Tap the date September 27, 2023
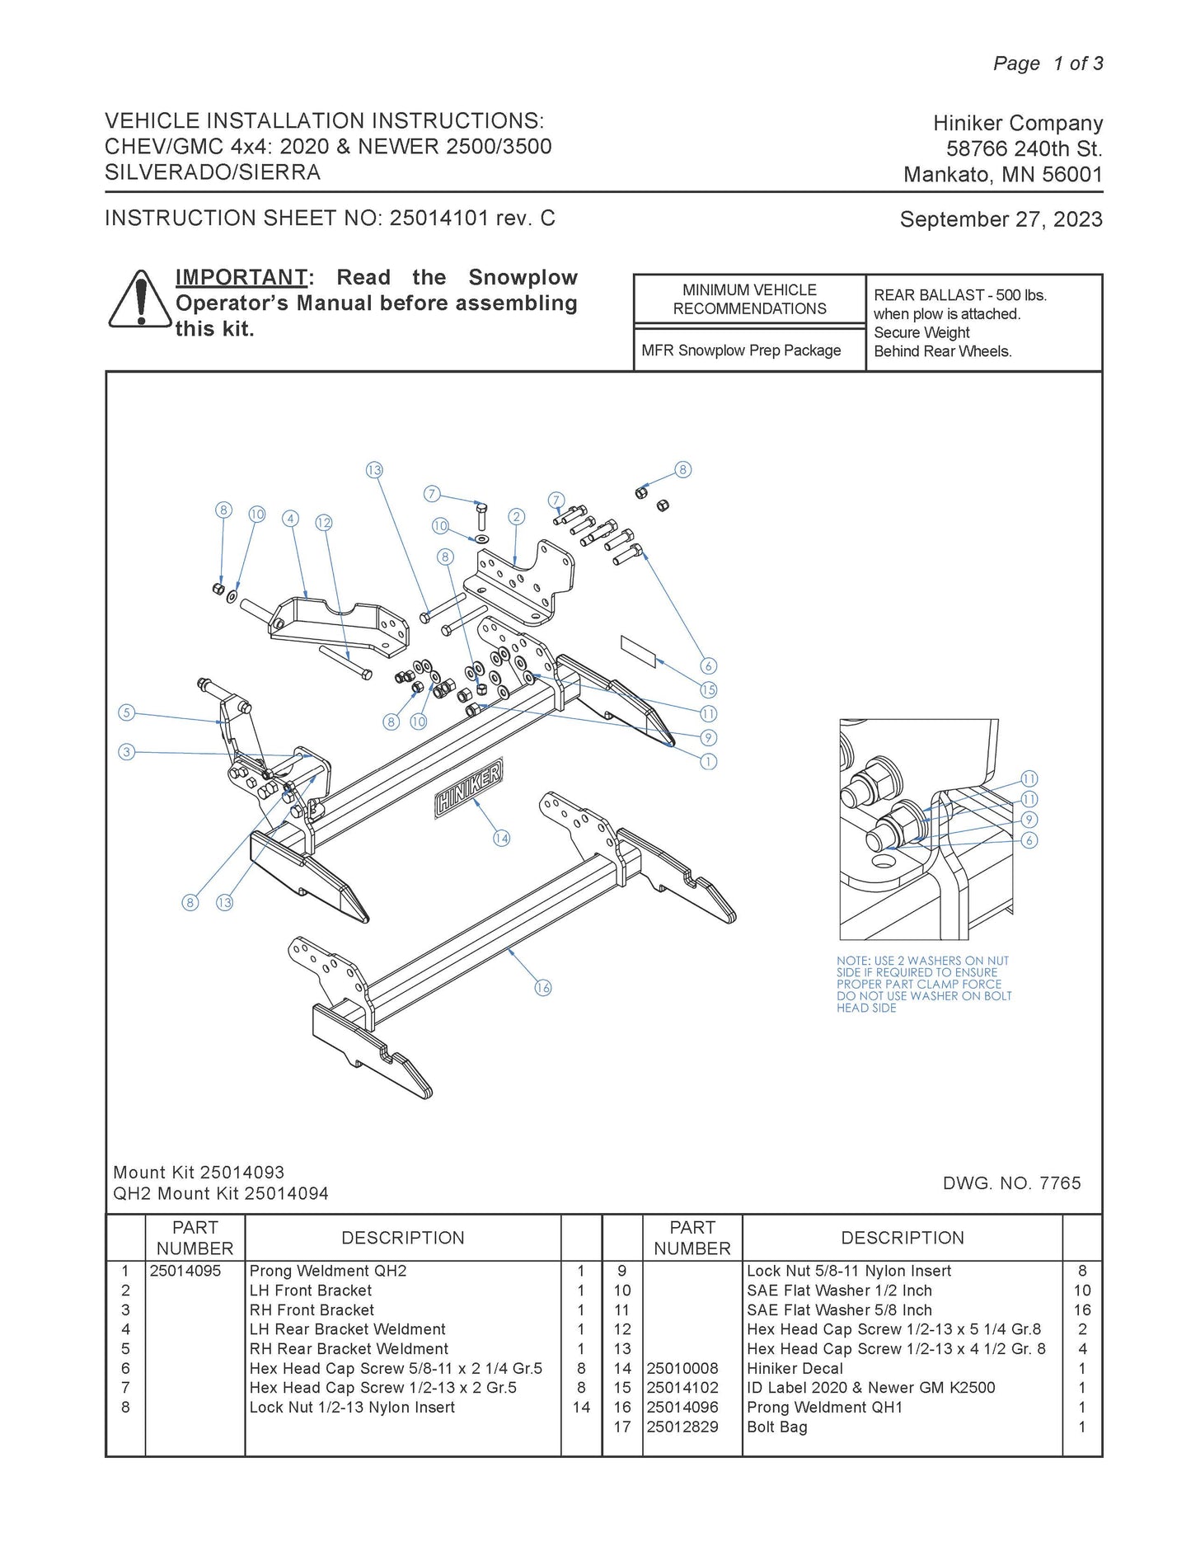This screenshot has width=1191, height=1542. coord(1001,219)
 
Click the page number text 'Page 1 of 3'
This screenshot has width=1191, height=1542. coord(1048,63)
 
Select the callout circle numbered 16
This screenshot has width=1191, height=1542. coord(542,987)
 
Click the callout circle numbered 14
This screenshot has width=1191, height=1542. coord(501,839)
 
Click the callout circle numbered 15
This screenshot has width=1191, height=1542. coord(708,689)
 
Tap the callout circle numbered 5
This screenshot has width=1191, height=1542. coord(126,712)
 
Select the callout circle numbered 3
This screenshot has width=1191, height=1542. coord(126,752)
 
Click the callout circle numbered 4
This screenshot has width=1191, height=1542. coord(289,519)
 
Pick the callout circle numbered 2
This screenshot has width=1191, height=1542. coord(517,517)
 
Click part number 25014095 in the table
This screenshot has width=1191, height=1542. coord(185,1271)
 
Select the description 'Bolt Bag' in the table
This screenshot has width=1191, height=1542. coord(776,1427)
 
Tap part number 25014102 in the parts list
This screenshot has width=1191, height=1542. coord(682,1388)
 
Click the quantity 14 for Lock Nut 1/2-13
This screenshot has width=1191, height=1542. coord(581,1407)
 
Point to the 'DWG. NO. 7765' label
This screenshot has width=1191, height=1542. coord(1011,1183)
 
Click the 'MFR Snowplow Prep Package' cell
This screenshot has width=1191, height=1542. coord(741,350)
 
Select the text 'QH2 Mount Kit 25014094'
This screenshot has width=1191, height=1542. coord(221,1193)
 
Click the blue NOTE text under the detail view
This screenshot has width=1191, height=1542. coord(923,984)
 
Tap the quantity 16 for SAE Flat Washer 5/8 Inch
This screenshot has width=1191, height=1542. coord(1081,1309)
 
